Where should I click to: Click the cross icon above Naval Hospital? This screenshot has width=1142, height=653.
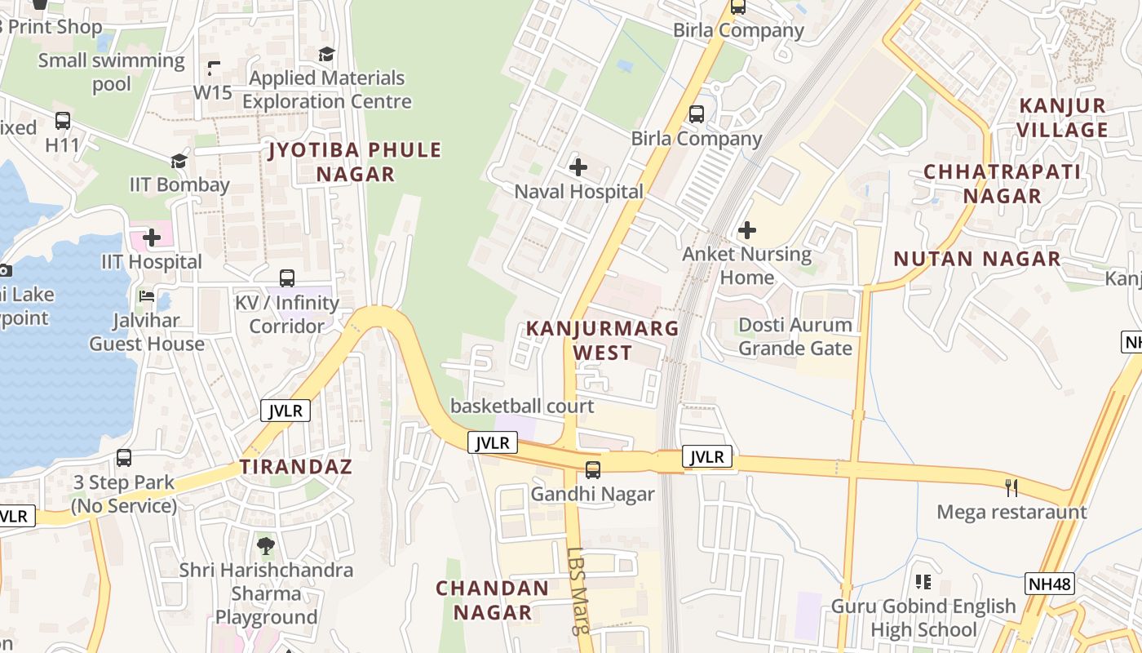(578, 168)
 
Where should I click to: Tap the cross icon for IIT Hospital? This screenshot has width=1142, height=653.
(152, 238)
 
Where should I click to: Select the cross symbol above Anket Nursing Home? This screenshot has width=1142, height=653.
(746, 230)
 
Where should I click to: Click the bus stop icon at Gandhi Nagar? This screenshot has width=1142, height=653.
(593, 470)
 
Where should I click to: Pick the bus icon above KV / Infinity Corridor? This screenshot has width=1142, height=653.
(287, 278)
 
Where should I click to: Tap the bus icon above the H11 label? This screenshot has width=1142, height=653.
(63, 121)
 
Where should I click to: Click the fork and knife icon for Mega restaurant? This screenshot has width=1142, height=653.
(1011, 488)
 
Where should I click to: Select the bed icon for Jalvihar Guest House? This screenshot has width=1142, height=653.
(147, 295)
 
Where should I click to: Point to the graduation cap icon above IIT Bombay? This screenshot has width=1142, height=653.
(179, 161)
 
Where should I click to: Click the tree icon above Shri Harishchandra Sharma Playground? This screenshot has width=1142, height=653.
(265, 545)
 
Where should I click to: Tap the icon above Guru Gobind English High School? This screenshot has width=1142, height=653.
(923, 582)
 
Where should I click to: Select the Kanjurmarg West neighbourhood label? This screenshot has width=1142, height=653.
(602, 340)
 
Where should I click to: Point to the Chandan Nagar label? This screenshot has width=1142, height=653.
(492, 600)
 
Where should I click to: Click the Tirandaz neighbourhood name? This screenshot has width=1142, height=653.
(295, 467)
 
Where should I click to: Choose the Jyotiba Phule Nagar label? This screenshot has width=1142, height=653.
(355, 162)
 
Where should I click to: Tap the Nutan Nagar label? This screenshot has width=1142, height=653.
(976, 260)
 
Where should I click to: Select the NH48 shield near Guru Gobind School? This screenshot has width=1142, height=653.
(1049, 583)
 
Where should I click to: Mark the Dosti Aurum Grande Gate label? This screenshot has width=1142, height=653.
(795, 336)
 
